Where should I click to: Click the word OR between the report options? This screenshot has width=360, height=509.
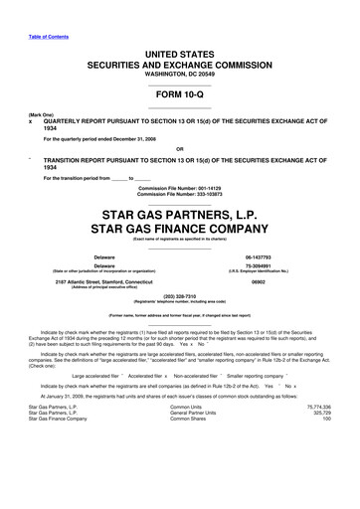(180, 151)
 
